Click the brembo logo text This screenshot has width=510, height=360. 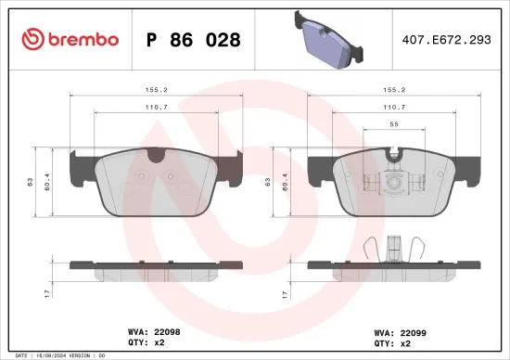coord(70,39)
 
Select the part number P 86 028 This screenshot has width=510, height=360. coord(194,40)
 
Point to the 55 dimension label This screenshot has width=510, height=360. coord(393,124)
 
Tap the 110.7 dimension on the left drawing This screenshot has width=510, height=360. coord(156,108)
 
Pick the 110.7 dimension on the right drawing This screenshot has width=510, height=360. coord(393,108)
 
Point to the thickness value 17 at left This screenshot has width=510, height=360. coord(45,293)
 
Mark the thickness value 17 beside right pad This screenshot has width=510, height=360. coord(283,293)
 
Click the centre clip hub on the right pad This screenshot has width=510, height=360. coord(393,183)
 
